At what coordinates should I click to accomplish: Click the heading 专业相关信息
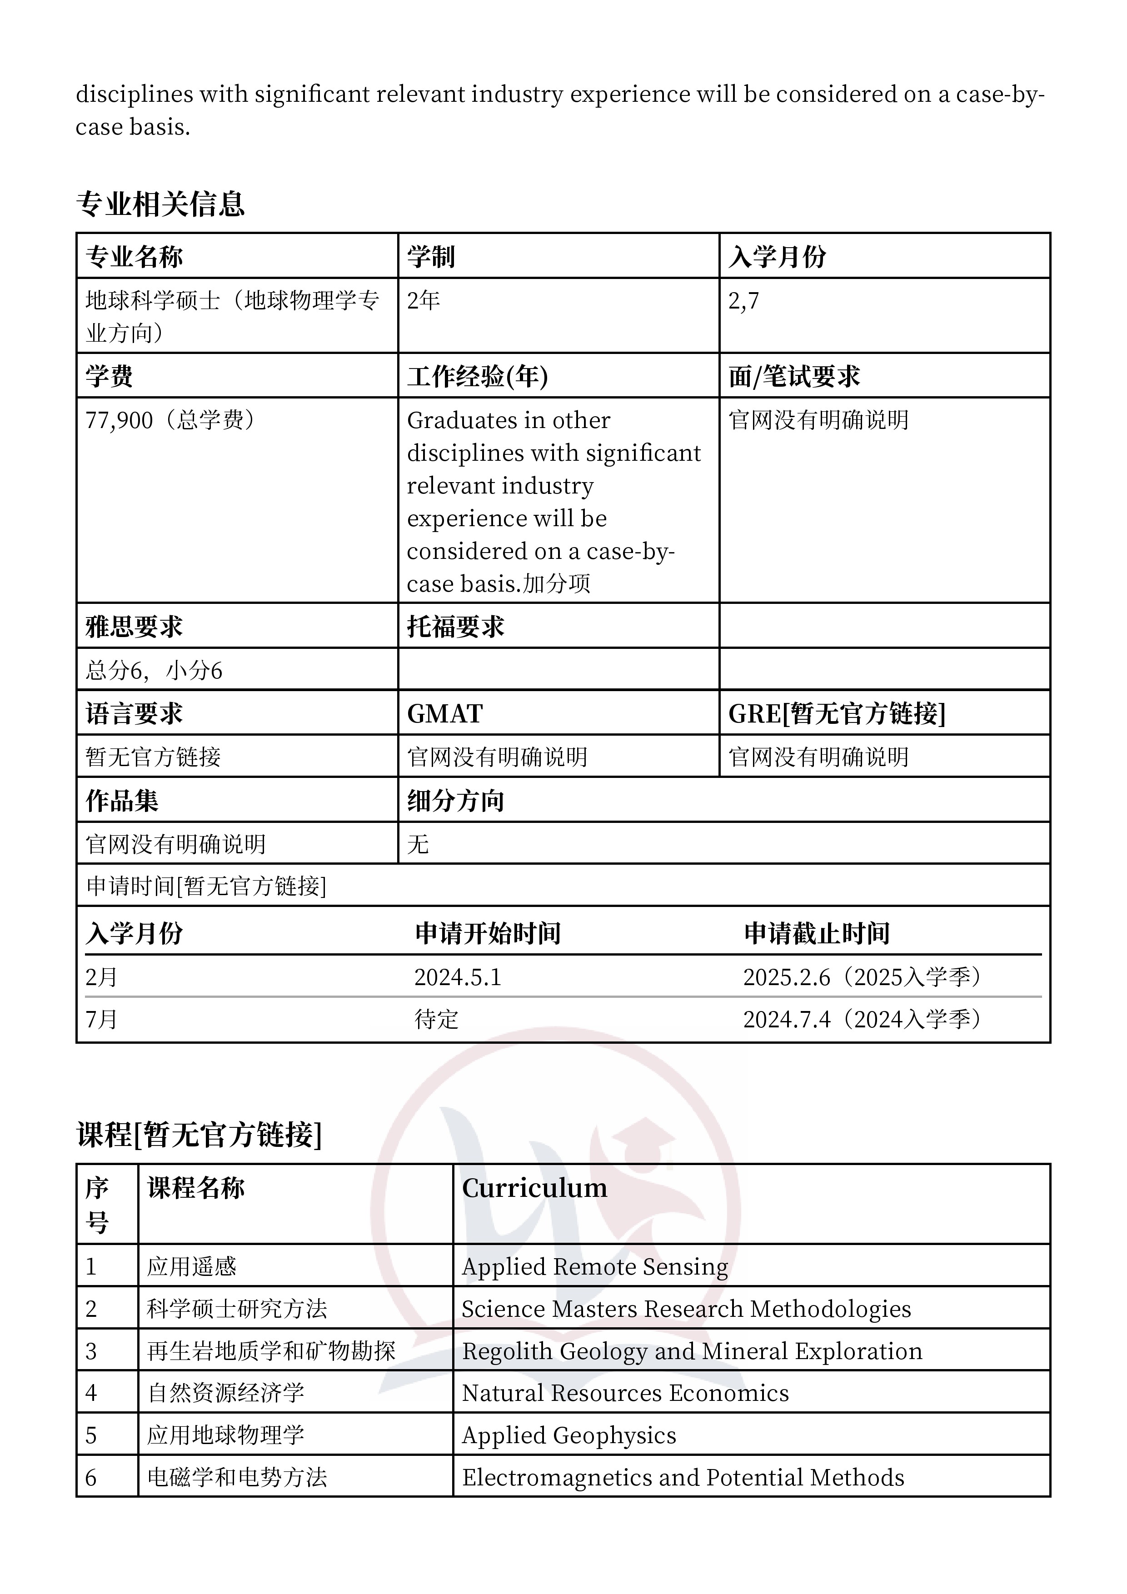(160, 204)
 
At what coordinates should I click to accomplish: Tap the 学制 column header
(431, 257)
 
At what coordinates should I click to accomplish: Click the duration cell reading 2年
(424, 301)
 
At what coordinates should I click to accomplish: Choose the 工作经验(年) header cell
(477, 376)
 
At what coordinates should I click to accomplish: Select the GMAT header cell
(444, 714)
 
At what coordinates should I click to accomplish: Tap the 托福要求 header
(455, 627)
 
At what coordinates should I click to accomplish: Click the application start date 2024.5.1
(458, 977)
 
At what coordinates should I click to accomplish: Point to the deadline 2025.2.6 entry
(787, 977)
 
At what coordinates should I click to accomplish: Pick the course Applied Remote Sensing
(594, 1267)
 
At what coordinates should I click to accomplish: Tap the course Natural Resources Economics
(625, 1393)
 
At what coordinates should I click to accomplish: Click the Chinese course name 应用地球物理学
(226, 1435)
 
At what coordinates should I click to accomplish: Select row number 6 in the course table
(91, 1477)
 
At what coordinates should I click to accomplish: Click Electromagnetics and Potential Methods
(683, 1477)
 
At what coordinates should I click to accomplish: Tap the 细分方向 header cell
(455, 801)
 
